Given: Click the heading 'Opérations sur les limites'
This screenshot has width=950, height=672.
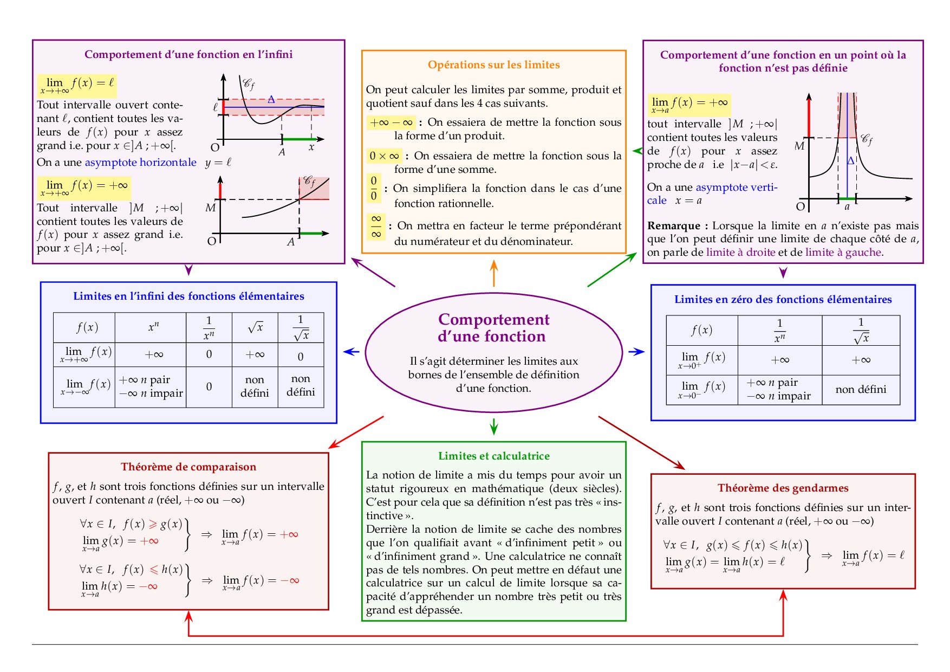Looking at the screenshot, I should (493, 65).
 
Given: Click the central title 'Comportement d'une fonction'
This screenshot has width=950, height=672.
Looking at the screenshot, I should (493, 328).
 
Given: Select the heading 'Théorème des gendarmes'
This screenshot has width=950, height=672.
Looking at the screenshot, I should (783, 488).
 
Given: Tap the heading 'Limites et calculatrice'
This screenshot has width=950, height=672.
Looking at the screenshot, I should (493, 456).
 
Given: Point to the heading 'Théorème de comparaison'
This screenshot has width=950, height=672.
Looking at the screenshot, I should (188, 467).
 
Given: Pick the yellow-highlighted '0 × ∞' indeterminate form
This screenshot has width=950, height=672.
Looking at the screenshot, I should (384, 156).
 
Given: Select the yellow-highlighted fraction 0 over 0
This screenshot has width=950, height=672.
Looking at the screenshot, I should (374, 188).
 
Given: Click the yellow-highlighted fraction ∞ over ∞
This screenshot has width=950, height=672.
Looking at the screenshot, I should (376, 227).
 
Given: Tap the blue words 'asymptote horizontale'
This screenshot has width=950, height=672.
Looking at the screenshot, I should (140, 163).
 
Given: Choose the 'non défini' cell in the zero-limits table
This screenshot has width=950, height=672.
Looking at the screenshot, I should (861, 390).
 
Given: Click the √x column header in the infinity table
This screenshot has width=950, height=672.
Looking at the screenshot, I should (255, 327).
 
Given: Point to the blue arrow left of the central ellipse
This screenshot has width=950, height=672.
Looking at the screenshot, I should (352, 352).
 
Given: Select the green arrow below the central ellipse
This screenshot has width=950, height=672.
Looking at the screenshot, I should (493, 426).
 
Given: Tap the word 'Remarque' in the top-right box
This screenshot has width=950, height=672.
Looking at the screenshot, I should (674, 226).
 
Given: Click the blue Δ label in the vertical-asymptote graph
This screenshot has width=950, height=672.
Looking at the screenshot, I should (850, 161).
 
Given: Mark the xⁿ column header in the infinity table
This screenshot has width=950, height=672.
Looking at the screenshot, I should (153, 327).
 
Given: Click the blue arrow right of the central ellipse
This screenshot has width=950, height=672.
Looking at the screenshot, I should (636, 352).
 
